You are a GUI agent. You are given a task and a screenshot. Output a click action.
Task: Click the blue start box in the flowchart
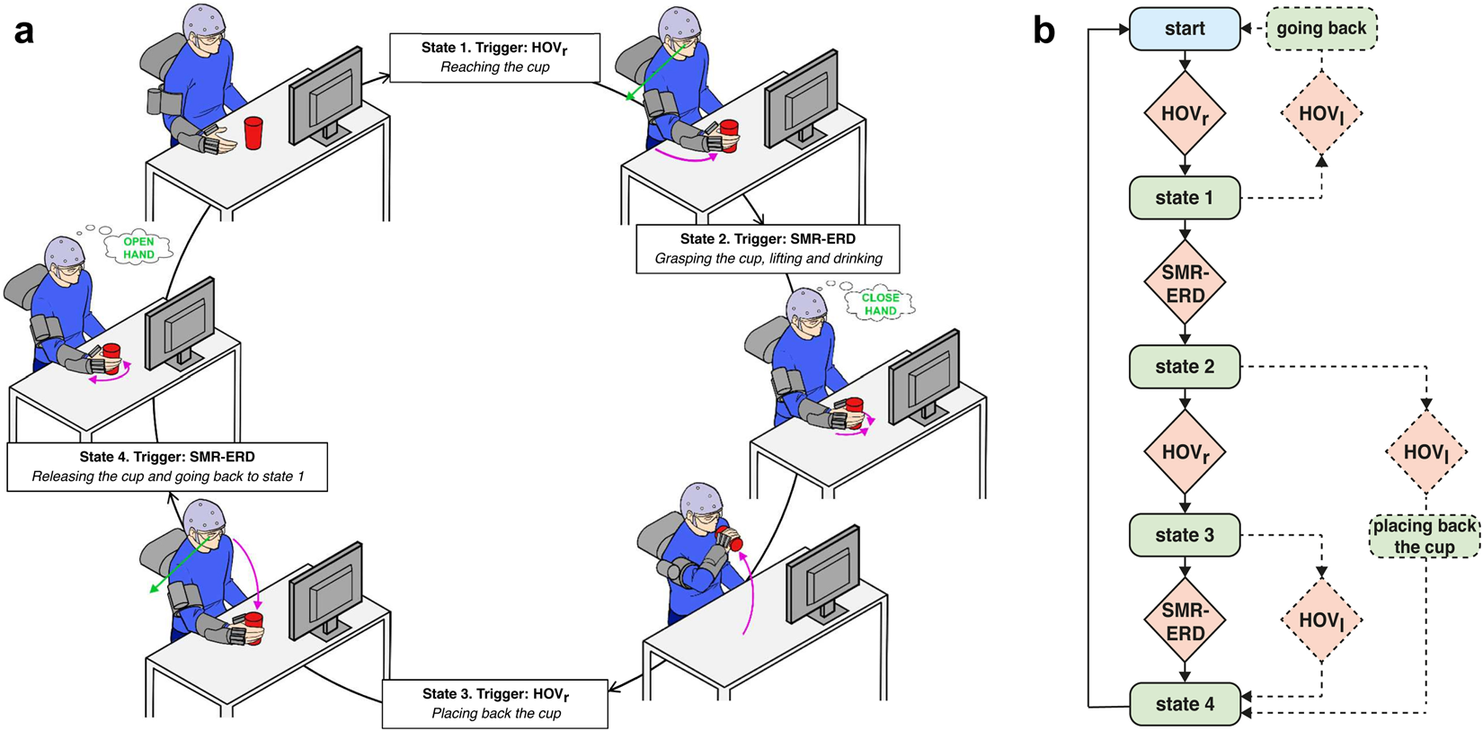pyautogui.click(x=1184, y=29)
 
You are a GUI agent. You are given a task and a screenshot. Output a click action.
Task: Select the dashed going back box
pyautogui.click(x=1320, y=29)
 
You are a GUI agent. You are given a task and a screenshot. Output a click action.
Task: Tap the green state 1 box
pyautogui.click(x=1184, y=198)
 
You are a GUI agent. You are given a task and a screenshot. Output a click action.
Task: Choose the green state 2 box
pyautogui.click(x=1184, y=367)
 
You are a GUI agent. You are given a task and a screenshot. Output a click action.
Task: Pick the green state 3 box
pyautogui.click(x=1184, y=535)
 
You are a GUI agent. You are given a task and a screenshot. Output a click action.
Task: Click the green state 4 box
pyautogui.click(x=1184, y=704)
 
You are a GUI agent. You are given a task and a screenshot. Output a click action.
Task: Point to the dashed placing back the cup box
pyautogui.click(x=1424, y=536)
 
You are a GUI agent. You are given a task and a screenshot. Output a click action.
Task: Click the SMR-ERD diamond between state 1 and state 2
pyautogui.click(x=1185, y=282)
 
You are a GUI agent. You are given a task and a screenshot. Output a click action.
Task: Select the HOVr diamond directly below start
pyautogui.click(x=1185, y=113)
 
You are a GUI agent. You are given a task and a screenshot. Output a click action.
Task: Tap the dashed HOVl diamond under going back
pyautogui.click(x=1320, y=113)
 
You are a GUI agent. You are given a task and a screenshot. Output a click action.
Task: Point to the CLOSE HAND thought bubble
pyautogui.click(x=880, y=304)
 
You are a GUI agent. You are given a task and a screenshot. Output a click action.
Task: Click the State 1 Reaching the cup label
pyautogui.click(x=494, y=58)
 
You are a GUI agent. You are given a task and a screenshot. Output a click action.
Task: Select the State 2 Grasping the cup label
pyautogui.click(x=768, y=249)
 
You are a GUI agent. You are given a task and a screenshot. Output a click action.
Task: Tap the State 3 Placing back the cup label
pyautogui.click(x=495, y=703)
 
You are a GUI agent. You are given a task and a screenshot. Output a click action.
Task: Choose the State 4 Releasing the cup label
pyautogui.click(x=167, y=467)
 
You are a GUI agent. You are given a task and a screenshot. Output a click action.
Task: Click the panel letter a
pyautogui.click(x=24, y=31)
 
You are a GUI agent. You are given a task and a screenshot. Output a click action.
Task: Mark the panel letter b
pyautogui.click(x=1043, y=31)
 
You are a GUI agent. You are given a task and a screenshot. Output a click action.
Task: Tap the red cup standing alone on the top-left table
pyautogui.click(x=253, y=134)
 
